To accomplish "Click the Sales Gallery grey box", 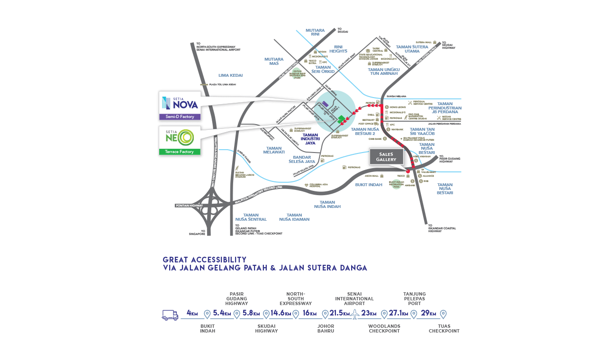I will (x=386, y=157).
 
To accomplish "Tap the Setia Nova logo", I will (x=180, y=103).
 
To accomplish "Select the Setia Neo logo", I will (x=180, y=137).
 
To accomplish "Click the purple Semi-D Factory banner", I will (x=180, y=117).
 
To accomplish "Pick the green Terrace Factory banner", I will (x=180, y=152).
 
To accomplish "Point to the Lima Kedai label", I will (x=230, y=75).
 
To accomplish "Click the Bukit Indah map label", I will (x=368, y=185).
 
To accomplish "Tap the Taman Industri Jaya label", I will (x=310, y=139).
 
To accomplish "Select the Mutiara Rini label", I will (x=315, y=32).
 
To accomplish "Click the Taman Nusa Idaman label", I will (x=294, y=217).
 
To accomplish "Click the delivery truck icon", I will (x=170, y=315).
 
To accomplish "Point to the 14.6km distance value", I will (x=281, y=313).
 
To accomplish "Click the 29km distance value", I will (x=428, y=313).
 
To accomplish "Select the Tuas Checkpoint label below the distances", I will (x=444, y=329).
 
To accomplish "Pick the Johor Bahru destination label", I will (x=326, y=329).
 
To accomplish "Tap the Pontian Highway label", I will (x=189, y=206).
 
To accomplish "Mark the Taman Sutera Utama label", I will (x=411, y=49).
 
